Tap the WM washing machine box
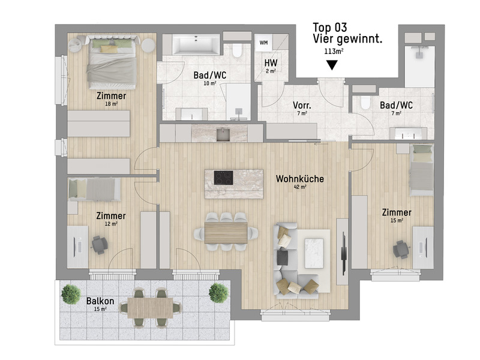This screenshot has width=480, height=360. [264, 43]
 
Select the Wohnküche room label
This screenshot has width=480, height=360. [300, 179]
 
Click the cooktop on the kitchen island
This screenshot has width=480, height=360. [225, 178]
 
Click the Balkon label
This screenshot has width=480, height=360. [97, 300]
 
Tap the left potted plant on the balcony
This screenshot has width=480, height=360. [71, 294]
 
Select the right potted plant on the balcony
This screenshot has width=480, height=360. [218, 293]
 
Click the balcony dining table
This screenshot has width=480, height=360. [146, 307]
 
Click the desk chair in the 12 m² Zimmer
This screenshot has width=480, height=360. [99, 244]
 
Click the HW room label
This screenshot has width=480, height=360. [270, 62]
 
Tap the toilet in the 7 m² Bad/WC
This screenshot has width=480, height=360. [363, 104]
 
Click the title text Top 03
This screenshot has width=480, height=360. [330, 28]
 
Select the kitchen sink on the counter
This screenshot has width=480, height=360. [224, 133]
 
